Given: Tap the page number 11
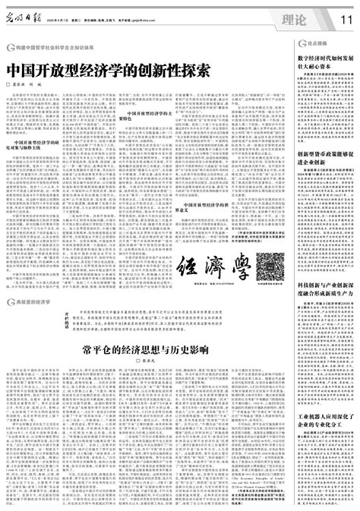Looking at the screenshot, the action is click(x=347, y=17).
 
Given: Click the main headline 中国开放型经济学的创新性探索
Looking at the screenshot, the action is click(x=108, y=68).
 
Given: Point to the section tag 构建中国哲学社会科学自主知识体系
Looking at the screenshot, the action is click(x=52, y=48).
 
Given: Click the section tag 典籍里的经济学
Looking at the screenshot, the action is click(x=36, y=280).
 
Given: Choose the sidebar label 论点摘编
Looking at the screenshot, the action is click(x=317, y=46).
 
